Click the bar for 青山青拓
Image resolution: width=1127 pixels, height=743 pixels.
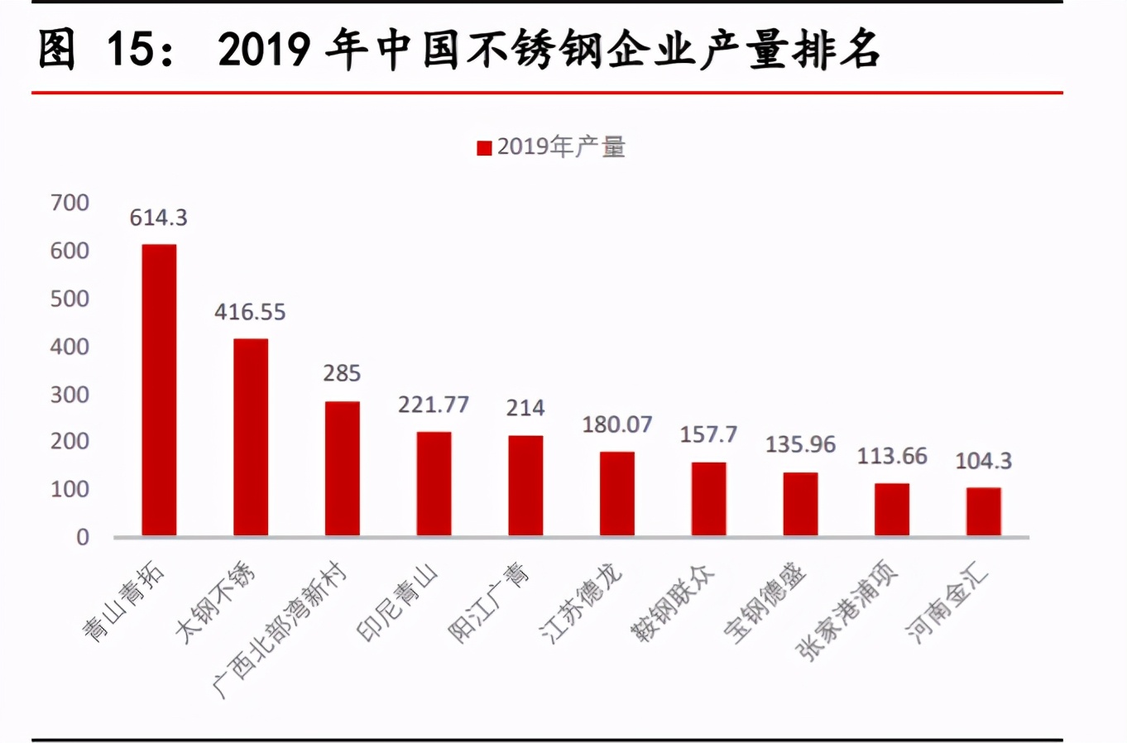[x=159, y=390]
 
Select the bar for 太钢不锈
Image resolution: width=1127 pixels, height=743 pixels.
[x=251, y=437]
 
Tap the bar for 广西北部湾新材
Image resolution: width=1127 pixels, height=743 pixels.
[x=342, y=468]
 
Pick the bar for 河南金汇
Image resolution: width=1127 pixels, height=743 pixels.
[x=983, y=511]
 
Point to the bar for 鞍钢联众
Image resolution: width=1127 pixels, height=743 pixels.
[x=708, y=499]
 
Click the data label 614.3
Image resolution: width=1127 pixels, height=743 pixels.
[x=159, y=218]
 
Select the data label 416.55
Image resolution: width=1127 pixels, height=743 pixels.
[x=250, y=312]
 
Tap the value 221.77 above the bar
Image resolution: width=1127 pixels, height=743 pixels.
[x=434, y=405]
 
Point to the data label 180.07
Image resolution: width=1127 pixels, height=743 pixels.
[x=617, y=424]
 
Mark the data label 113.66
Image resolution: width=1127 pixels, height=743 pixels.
[x=892, y=456]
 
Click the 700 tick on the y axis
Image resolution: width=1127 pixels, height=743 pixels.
[x=70, y=203]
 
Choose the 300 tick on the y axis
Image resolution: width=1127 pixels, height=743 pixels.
[x=70, y=395]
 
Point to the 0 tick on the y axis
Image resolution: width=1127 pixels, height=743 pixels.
[x=83, y=538]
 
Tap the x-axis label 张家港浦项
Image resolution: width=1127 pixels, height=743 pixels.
[x=847, y=612]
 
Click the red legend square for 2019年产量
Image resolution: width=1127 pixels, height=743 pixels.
[x=484, y=148]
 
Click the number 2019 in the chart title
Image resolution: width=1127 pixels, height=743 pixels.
[x=264, y=50]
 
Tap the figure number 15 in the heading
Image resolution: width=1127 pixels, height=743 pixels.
[x=131, y=50]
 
